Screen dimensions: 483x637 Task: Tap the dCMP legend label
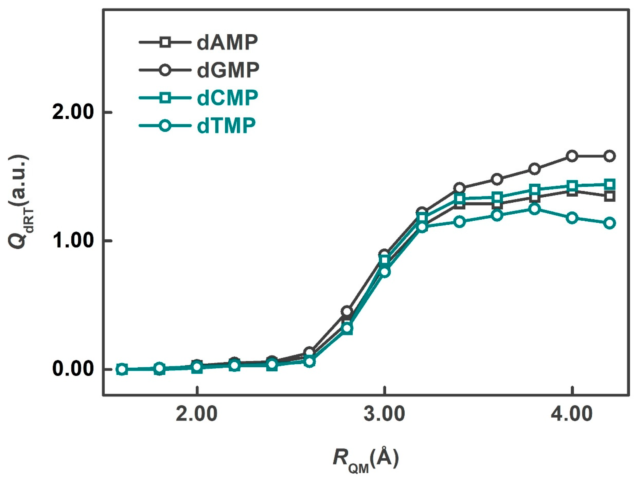click(227, 98)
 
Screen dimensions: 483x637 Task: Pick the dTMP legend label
click(226, 126)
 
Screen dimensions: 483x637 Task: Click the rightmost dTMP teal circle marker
click(610, 223)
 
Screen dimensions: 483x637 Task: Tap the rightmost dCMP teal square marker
click(610, 184)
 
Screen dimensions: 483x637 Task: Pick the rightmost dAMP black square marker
click(610, 197)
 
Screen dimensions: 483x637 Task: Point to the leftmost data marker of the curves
click(122, 369)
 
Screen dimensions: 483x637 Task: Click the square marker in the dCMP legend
click(165, 98)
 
